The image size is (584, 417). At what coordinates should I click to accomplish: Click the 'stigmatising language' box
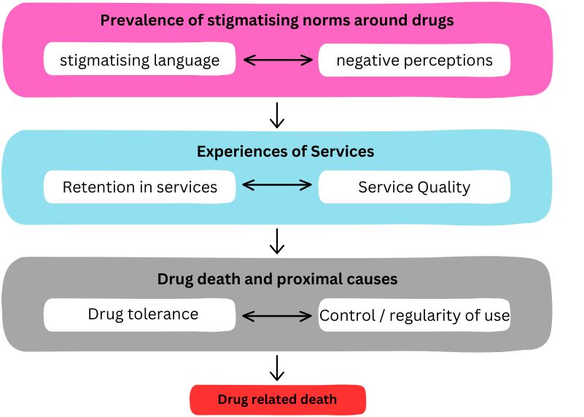pos(139,61)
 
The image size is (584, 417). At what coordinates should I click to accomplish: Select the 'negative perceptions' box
pos(414,61)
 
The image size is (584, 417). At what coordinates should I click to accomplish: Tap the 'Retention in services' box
pos(139,187)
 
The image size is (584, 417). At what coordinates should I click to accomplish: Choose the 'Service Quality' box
pos(414,187)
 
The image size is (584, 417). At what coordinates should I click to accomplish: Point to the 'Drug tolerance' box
pos(139,314)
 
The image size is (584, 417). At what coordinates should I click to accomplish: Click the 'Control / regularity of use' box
pos(414,316)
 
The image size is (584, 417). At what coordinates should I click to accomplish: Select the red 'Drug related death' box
pos(277,400)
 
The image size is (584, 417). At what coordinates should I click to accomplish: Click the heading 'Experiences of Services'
pos(285,152)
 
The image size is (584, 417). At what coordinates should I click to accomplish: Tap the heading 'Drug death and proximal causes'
pos(277,279)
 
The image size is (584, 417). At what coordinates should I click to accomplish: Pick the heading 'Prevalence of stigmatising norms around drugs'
pos(277,20)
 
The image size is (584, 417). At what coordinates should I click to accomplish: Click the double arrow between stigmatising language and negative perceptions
pos(277,61)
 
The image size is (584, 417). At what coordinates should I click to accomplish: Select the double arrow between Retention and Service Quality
pos(277,186)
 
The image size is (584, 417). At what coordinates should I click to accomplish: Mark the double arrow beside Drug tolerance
pos(277,316)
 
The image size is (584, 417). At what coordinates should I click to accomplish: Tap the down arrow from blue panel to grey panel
pos(276,241)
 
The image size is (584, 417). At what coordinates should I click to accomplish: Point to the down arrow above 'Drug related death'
pos(276,367)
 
